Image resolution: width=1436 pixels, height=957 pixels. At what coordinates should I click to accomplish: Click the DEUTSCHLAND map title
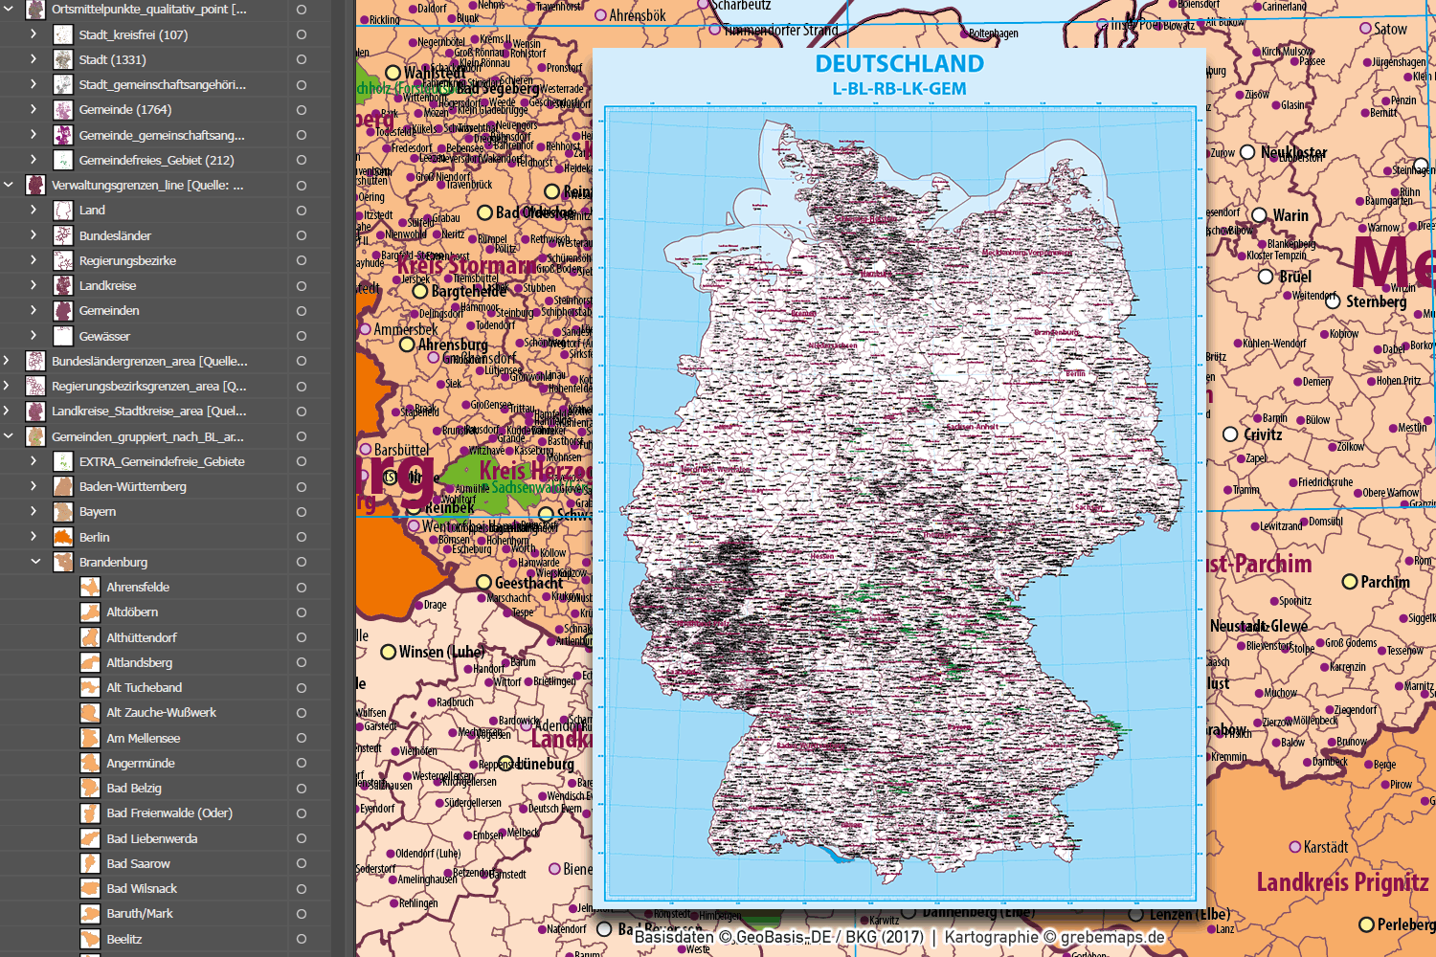point(899,64)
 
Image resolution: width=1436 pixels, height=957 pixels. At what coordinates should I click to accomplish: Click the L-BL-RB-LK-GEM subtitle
point(899,89)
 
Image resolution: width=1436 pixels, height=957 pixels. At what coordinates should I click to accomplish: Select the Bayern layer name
point(98,512)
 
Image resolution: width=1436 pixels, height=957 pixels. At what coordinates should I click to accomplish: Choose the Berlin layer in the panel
point(94,537)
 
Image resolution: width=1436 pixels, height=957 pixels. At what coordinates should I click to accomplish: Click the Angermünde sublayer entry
point(140,763)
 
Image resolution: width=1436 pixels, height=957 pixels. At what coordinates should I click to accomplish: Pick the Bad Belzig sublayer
point(134,788)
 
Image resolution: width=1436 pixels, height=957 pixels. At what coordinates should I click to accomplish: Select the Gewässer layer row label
point(104,336)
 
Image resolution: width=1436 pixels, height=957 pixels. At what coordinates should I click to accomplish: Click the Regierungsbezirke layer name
point(127,260)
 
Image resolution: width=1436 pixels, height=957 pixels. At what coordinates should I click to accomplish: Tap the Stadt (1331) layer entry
point(112,59)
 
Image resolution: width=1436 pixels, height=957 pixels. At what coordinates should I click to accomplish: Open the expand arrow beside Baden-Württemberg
point(34,486)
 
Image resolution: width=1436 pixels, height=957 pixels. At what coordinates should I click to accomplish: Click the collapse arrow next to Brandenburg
point(34,562)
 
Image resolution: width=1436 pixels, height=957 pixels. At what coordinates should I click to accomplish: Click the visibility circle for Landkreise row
point(301,285)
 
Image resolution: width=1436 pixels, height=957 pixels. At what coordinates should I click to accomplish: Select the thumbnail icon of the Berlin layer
point(63,537)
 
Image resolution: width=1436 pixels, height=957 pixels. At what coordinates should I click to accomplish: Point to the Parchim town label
point(1384,582)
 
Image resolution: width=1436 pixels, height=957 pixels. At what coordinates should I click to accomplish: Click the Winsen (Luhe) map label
point(441,652)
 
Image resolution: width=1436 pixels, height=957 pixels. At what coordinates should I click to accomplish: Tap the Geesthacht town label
point(528,583)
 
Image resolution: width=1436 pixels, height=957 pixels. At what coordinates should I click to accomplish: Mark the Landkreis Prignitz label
point(1342,881)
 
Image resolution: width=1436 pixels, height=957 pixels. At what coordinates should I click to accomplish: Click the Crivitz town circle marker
point(1230,434)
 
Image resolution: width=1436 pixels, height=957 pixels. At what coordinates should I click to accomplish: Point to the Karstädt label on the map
point(1325,847)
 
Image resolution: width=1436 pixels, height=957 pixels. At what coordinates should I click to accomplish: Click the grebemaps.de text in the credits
point(1112,937)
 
